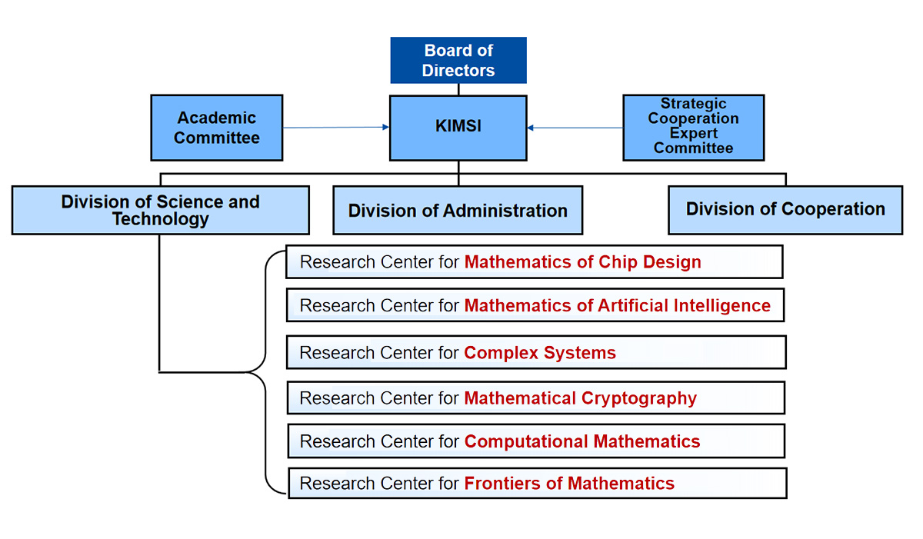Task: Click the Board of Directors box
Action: [458, 60]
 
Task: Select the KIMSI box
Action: [458, 128]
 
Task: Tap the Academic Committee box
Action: [217, 128]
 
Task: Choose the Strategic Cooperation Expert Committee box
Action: [693, 128]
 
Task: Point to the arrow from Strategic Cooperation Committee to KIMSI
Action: [575, 128]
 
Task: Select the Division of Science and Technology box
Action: [161, 210]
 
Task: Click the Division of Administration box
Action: [458, 210]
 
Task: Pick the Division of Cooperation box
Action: [785, 209]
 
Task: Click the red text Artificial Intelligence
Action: [684, 306]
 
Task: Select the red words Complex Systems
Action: [540, 353]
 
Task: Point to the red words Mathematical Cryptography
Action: [581, 398]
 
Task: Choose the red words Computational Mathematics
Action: [582, 441]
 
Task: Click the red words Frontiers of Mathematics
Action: [569, 484]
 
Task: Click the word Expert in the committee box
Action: [693, 133]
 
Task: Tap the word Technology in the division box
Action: [161, 219]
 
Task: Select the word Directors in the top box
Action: [458, 71]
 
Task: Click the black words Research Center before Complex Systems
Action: [367, 353]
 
